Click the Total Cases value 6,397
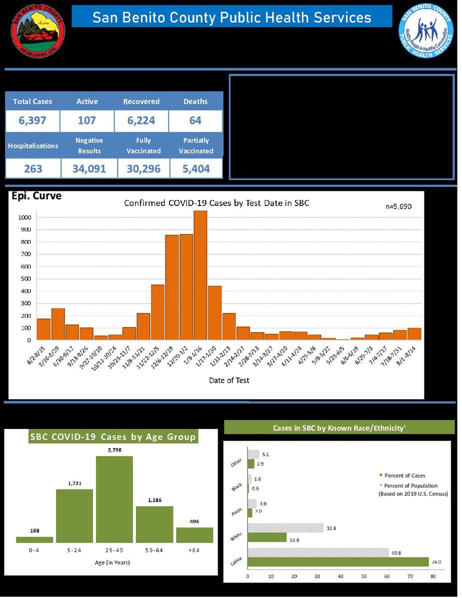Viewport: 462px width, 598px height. pos(32,120)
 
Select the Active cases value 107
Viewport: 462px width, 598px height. pos(86,120)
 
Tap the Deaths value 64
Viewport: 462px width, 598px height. pos(195,120)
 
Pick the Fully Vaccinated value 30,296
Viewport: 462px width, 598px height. pos(143,169)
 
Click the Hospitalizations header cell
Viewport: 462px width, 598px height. pos(33,145)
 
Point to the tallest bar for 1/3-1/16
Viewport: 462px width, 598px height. pos(200,275)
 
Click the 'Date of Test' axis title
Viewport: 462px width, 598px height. pos(229,380)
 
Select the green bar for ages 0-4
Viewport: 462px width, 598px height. pos(34,539)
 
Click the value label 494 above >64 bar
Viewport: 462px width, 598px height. pos(194,521)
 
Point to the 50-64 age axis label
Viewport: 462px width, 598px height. pos(154,550)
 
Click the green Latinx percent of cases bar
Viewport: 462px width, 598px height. pos(338,562)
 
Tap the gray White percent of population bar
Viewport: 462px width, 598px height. pos(285,528)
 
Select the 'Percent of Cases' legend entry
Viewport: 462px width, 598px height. pos(404,475)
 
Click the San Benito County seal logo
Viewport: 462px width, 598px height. pos(38,31)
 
